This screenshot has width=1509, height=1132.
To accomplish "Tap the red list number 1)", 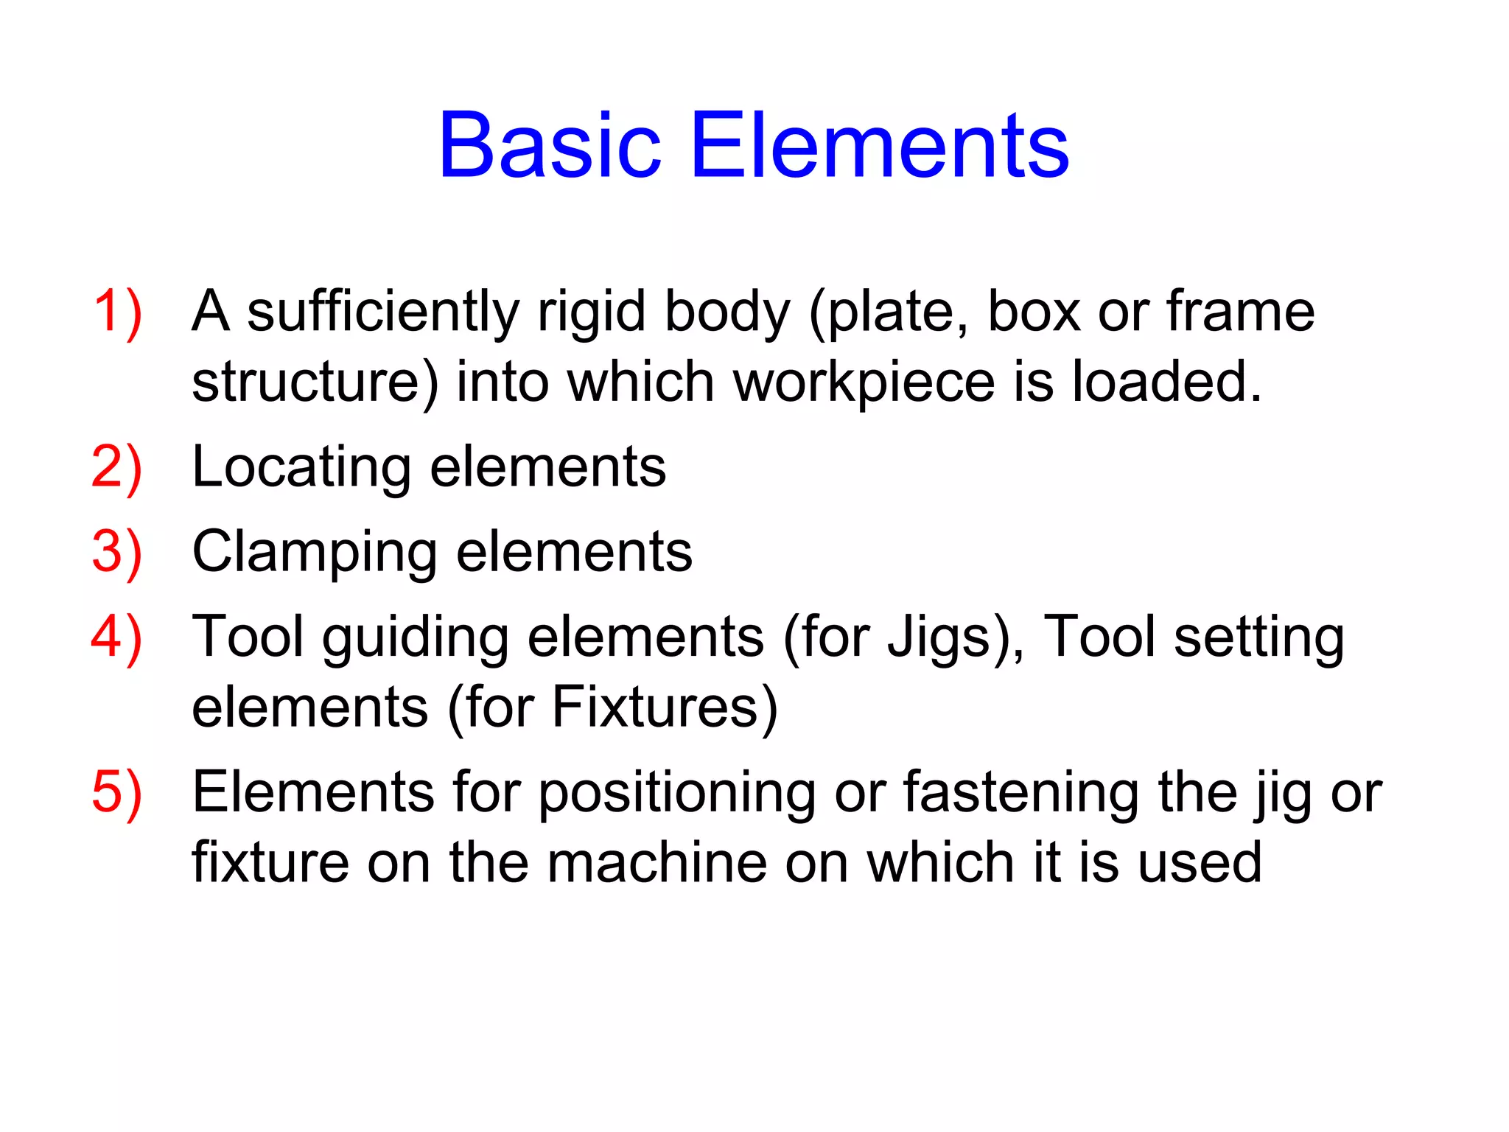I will [x=117, y=312].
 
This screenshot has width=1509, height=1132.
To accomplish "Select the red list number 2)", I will [x=116, y=468].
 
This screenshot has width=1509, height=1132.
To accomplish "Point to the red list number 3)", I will [x=116, y=553].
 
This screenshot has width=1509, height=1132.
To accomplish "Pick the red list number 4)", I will [x=116, y=637].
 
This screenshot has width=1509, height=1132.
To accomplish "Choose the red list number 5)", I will [x=116, y=793].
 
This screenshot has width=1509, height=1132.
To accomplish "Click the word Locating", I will [x=301, y=468].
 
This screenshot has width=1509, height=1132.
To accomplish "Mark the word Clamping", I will [x=315, y=553].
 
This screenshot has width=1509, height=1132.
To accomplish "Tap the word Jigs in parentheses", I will [x=946, y=637].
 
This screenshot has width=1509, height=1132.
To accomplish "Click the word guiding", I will [x=415, y=637].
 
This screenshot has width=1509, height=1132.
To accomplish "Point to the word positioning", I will [x=676, y=793].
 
